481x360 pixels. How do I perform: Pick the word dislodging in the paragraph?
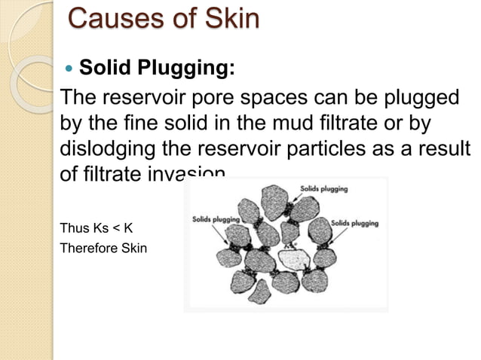click(100, 150)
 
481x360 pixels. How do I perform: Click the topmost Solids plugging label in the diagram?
click(324, 189)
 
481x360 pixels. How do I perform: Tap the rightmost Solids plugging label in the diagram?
click(354, 224)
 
